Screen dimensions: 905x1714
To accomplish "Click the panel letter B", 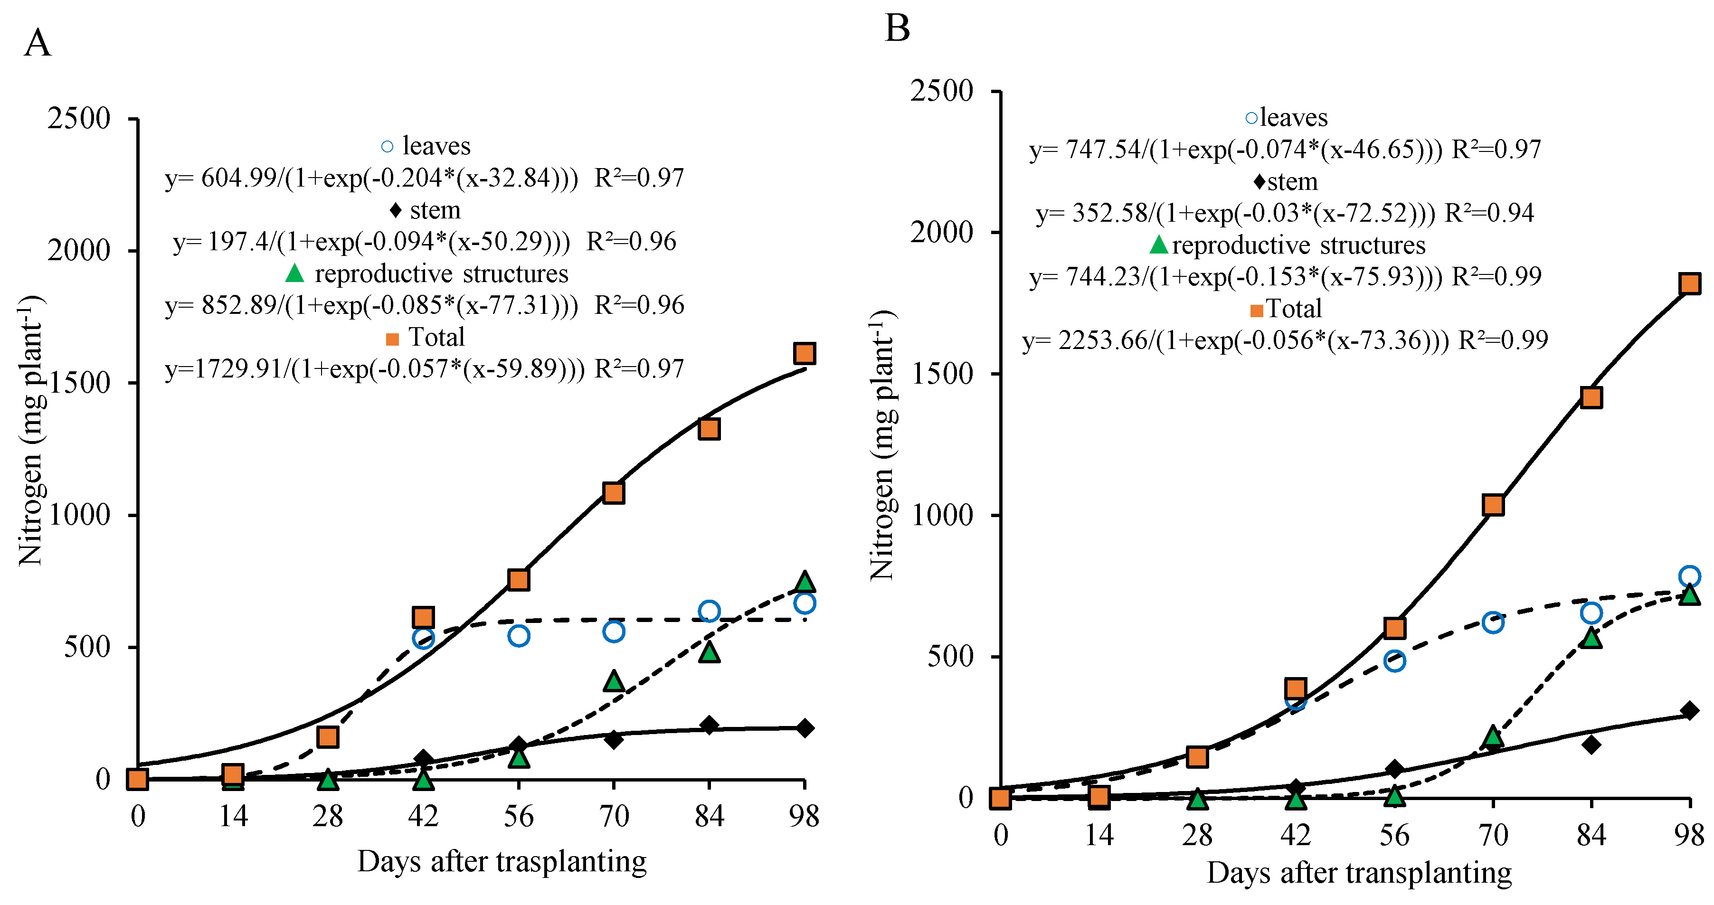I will point(897,28).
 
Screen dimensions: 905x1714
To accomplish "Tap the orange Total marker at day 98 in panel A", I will point(805,353).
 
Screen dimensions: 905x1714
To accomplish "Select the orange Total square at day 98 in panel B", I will point(1689,284).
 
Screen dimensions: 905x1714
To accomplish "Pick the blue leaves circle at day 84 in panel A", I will point(709,611).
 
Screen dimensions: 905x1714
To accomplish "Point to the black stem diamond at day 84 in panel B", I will point(1591,744).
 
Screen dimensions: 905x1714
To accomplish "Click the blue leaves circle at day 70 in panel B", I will point(1493,623).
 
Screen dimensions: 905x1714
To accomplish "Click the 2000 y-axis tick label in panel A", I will point(78,250).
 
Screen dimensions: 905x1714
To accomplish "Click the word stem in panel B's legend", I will point(1292,181).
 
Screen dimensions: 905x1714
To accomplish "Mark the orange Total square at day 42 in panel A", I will point(423,617).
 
